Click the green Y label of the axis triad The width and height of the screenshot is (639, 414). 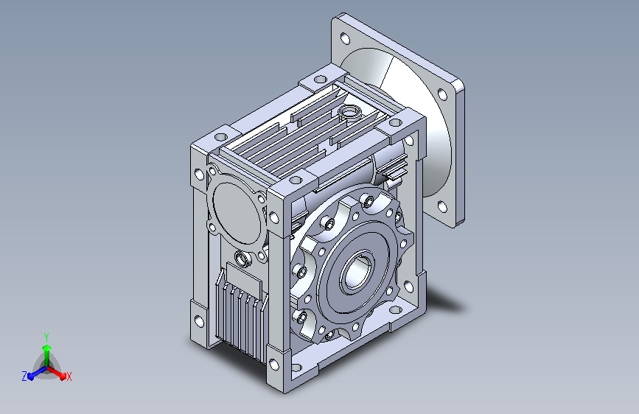[x=46, y=337]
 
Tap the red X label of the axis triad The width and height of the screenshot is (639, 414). [x=69, y=376]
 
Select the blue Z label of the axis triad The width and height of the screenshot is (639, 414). [x=24, y=376]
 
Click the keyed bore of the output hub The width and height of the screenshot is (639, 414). [x=357, y=273]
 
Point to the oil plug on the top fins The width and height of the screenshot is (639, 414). [x=349, y=110]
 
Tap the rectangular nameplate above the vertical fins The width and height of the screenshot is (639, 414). [x=244, y=276]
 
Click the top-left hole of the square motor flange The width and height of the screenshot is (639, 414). [x=345, y=38]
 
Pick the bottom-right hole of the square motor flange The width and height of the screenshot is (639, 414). [x=442, y=207]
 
